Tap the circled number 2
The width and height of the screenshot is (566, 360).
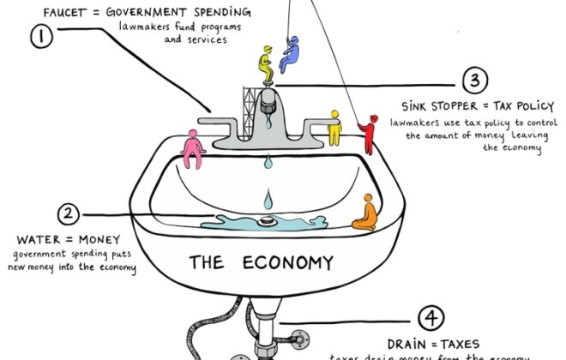[69, 214]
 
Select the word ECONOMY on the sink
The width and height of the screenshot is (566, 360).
[279, 261]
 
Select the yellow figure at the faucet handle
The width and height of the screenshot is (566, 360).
[334, 128]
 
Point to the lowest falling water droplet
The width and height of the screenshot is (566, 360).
[268, 202]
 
